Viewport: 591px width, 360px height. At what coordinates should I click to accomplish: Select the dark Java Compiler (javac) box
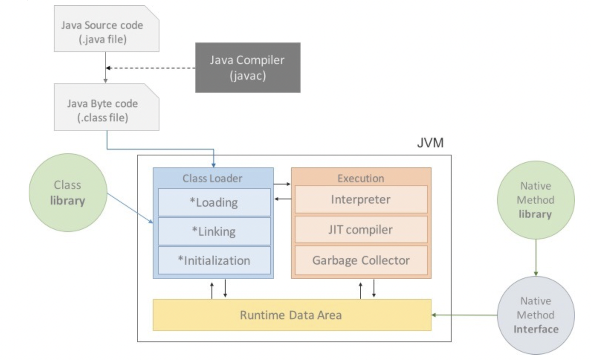(248, 67)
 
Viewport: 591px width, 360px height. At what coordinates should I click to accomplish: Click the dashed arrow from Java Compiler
(152, 68)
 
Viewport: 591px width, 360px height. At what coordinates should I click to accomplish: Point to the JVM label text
(430, 143)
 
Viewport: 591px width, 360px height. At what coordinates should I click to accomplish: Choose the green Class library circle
(68, 193)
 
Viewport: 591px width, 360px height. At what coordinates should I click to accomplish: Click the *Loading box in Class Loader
(214, 202)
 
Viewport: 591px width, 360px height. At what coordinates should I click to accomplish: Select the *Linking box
(214, 231)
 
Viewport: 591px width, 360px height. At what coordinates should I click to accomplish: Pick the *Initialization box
(214, 260)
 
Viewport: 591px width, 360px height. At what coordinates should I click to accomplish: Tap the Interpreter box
(361, 200)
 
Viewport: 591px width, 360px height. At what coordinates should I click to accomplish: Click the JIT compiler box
(361, 229)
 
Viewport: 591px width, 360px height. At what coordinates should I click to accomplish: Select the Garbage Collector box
(361, 260)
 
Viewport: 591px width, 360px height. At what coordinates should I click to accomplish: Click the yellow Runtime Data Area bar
(291, 315)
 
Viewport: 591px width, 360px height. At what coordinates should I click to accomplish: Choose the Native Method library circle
(536, 200)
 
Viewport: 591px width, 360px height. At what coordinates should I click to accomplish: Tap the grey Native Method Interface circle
(536, 315)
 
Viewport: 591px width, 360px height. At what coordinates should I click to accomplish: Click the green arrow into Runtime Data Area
(465, 315)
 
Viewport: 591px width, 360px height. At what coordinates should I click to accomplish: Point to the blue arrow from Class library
(130, 208)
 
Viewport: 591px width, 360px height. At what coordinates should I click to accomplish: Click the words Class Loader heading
(212, 179)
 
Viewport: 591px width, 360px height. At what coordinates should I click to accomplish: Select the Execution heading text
(361, 179)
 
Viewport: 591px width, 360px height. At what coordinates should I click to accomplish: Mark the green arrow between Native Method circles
(536, 257)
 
